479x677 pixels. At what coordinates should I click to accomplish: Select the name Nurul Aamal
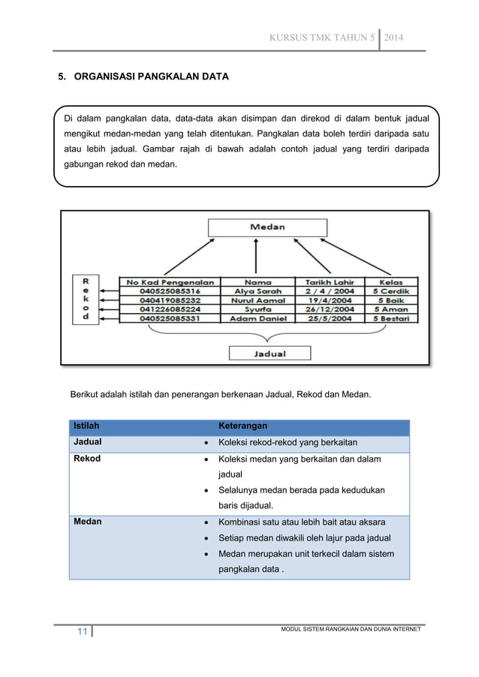[258, 300]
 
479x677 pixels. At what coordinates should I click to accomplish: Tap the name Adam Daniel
[258, 319]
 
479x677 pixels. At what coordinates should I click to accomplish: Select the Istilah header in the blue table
[85, 426]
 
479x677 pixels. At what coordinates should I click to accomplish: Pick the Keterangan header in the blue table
[244, 426]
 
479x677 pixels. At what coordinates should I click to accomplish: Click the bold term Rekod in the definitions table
[86, 459]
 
